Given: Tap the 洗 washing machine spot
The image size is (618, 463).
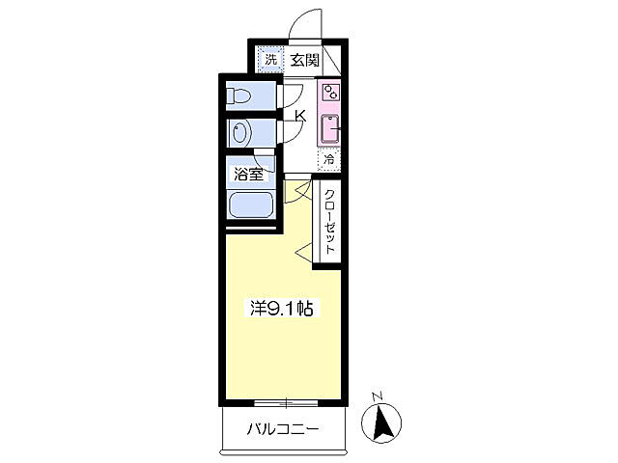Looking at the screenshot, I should (x=270, y=60).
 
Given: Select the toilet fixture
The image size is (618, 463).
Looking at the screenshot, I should (x=241, y=96).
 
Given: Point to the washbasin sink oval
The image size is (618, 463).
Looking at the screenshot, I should (x=241, y=131).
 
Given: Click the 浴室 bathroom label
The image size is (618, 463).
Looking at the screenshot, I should (x=248, y=175).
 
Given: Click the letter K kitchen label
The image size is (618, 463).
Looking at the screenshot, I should (x=300, y=117).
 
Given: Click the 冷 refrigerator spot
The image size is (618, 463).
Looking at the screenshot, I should (x=330, y=158).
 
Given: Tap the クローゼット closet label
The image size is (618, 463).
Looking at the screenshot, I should (x=329, y=221).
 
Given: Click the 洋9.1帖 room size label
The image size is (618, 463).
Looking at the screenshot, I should (x=281, y=309).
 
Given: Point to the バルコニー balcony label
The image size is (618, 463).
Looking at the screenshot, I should (x=282, y=428).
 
